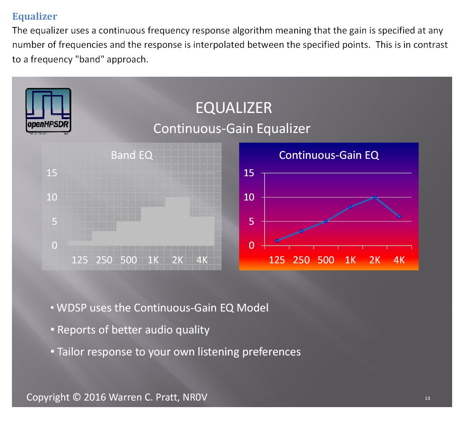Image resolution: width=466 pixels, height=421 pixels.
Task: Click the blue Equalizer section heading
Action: [x=35, y=17]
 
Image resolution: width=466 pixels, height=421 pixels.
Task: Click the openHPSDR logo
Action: [x=48, y=111]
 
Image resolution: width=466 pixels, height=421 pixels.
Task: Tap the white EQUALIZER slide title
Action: [x=233, y=108]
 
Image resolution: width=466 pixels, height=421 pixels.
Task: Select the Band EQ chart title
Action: [x=132, y=155]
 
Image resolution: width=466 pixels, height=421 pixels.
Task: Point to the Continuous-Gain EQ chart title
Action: [x=329, y=155]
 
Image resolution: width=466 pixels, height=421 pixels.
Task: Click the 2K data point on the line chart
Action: [x=375, y=197]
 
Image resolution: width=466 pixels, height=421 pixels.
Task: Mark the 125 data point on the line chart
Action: [x=277, y=241]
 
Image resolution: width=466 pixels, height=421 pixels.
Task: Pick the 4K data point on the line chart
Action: [x=399, y=217]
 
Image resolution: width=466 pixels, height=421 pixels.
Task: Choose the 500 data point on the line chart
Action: [x=326, y=221]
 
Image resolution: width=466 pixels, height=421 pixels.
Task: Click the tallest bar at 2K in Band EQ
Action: [x=178, y=221]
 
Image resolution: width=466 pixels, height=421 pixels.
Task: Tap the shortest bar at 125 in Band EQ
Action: [x=80, y=243]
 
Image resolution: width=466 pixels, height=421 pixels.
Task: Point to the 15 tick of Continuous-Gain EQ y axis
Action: [x=249, y=173]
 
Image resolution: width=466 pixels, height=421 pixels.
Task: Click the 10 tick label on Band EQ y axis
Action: [x=52, y=197]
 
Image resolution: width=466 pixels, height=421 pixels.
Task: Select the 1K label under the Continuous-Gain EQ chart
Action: [x=350, y=260]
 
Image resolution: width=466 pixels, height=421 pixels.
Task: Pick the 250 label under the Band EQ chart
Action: [x=104, y=260]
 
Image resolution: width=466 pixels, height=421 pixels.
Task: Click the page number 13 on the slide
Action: [x=427, y=398]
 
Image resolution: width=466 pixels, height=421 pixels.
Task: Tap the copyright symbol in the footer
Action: [x=77, y=397]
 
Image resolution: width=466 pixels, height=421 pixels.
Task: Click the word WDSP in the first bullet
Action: [x=72, y=308]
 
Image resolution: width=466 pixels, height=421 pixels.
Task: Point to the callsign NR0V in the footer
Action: [x=195, y=397]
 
